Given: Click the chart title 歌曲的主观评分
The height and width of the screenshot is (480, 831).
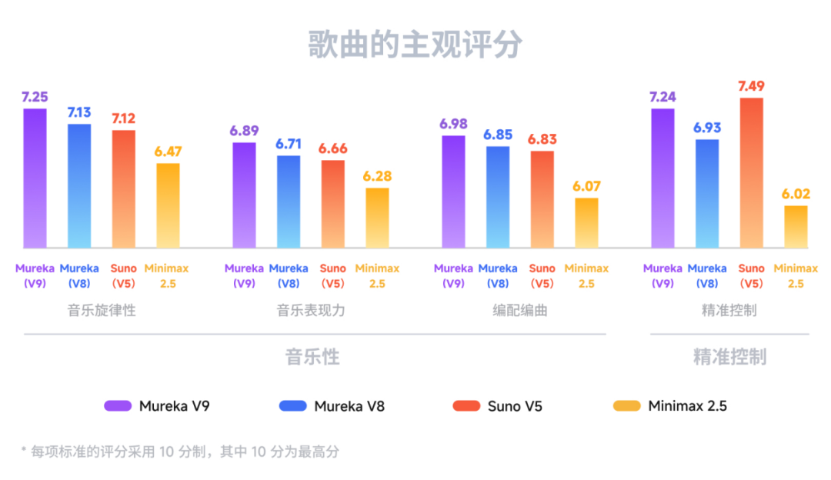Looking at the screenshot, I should (x=415, y=45).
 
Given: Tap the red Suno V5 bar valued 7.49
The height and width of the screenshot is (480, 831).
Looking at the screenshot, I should (x=752, y=173).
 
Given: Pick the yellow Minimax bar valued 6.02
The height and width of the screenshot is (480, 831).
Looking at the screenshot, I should (x=796, y=227).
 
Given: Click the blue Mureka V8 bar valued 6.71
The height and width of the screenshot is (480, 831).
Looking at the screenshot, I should (x=289, y=202).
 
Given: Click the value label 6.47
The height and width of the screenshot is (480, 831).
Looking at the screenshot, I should (x=168, y=152).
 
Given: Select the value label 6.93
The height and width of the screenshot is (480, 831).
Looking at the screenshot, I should (x=706, y=128).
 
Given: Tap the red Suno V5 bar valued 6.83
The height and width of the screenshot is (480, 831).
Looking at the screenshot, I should (x=542, y=199).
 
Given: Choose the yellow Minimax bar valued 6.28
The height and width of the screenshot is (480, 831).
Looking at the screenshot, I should (x=377, y=218).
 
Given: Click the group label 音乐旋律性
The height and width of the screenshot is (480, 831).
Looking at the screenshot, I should (x=102, y=311).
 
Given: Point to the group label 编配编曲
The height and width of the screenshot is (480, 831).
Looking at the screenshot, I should (x=520, y=311).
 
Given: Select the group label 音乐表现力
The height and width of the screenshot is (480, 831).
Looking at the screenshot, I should (x=311, y=311).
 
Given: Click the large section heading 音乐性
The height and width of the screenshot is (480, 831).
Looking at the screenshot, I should (x=312, y=357).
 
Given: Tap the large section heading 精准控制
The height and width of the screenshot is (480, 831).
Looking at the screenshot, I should (x=729, y=357).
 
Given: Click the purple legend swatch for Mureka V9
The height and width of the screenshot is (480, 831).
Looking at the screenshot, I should (x=117, y=405).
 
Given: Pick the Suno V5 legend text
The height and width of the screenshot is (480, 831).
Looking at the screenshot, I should (x=515, y=406).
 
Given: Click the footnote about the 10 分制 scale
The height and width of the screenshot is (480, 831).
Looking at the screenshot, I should (x=180, y=452).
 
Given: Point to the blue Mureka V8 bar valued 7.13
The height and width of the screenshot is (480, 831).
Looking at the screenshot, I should (x=79, y=185).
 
